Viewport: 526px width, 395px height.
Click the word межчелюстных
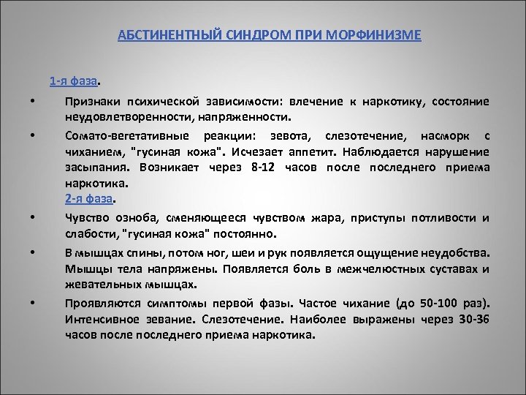click(367, 268)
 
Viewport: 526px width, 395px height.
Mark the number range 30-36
click(470, 320)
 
